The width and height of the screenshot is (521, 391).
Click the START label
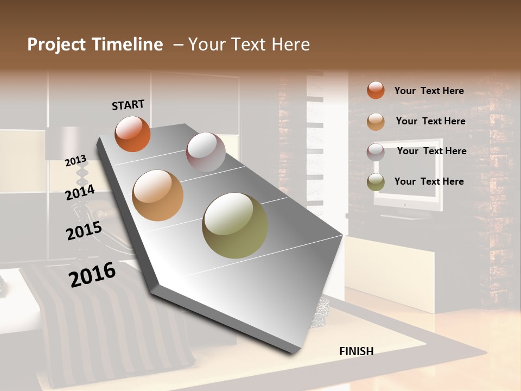click(x=128, y=105)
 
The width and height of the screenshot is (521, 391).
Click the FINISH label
click(x=356, y=351)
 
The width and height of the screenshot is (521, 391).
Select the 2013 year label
click(x=76, y=161)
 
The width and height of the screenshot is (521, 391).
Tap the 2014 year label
click(x=80, y=192)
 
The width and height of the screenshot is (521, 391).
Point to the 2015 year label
click(x=84, y=231)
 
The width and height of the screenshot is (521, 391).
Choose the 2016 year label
click(x=92, y=275)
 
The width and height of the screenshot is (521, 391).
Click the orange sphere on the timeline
click(x=132, y=134)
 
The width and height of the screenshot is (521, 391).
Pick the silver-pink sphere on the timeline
click(x=206, y=152)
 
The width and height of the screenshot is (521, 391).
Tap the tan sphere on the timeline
click(x=158, y=195)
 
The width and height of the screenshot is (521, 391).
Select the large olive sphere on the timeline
click(x=235, y=225)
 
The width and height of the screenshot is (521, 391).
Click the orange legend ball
click(x=376, y=90)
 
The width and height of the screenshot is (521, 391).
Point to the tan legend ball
click(x=376, y=122)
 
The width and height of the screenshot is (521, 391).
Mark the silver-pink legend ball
click(x=376, y=152)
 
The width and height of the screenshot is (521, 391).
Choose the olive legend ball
click(x=376, y=182)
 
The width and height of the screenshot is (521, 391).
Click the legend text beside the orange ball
click(x=429, y=91)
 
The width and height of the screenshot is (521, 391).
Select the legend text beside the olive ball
click(x=429, y=181)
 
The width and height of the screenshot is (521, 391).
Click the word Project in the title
click(x=58, y=45)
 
